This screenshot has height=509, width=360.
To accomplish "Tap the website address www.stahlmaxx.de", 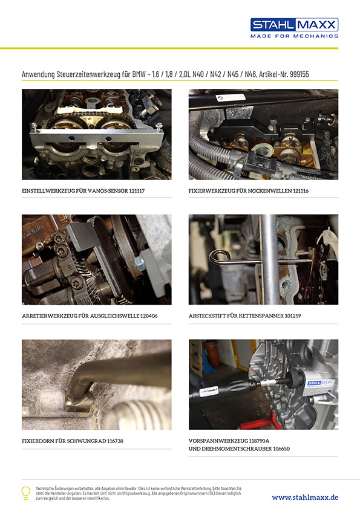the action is click(305, 498).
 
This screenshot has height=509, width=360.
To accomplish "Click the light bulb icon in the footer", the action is click(25, 493).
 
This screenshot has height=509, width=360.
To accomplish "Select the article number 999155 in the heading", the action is click(299, 74).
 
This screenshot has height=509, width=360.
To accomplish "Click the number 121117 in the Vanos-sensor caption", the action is click(137, 191).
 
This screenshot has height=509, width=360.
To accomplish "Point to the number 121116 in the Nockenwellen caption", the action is click(301, 191).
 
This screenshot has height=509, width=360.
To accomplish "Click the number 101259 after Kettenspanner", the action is click(293, 316).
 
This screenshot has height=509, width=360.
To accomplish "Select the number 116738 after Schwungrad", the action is click(115, 441).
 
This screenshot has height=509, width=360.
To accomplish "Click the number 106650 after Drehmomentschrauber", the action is click(281, 449).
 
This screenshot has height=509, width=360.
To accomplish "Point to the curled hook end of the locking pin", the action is click(217, 257).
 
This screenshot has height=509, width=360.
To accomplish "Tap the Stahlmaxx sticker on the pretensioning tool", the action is click(319, 384).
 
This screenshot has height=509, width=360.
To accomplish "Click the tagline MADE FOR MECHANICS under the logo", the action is click(295, 36).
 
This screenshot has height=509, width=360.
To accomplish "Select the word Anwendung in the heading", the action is click(38, 74).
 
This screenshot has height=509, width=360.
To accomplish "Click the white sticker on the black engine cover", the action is click(231, 97).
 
